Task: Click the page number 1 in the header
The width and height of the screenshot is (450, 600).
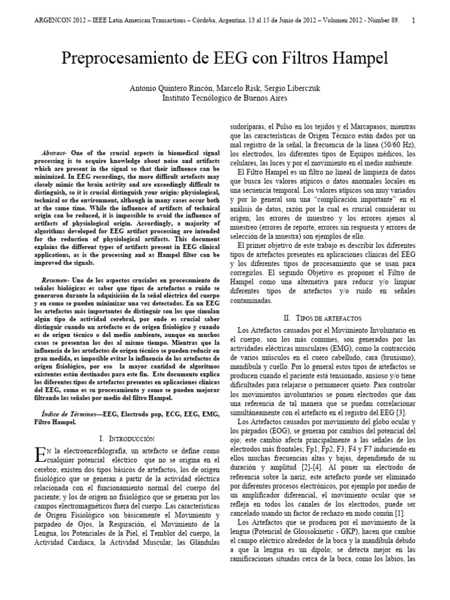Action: pyautogui.click(x=414, y=21)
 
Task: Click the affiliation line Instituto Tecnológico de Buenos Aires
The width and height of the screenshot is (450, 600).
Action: pyautogui.click(x=225, y=98)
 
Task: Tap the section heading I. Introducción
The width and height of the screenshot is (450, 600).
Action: pyautogui.click(x=127, y=438)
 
